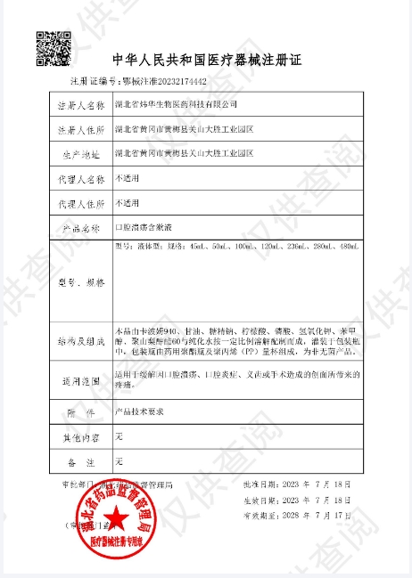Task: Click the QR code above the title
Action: click(x=51, y=45)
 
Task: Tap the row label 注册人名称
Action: click(x=81, y=105)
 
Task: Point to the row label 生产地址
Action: click(x=81, y=154)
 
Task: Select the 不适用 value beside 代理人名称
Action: click(x=128, y=178)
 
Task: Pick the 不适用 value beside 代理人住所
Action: click(x=128, y=203)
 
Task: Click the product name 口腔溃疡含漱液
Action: click(x=144, y=228)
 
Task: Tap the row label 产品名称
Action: click(x=81, y=229)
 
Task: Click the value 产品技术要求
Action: click(x=140, y=413)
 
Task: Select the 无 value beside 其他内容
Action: click(x=119, y=437)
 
